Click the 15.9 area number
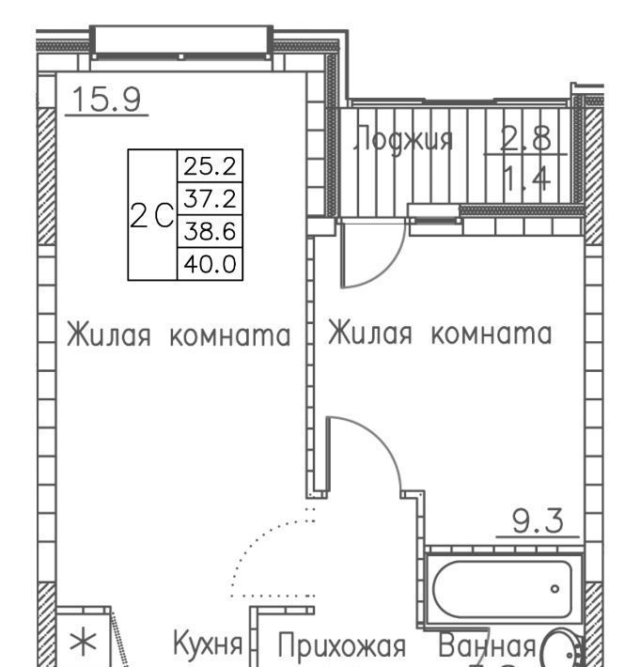(x=106, y=100)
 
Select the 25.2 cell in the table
(x=210, y=166)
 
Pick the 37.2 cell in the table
(x=210, y=198)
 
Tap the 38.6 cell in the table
(x=210, y=231)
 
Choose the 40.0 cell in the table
(x=210, y=264)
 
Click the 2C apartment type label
(x=152, y=215)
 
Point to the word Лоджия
(x=403, y=138)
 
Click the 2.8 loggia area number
(x=526, y=138)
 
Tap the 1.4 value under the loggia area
(x=527, y=178)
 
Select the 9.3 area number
(x=538, y=520)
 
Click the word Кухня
(x=208, y=643)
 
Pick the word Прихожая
(x=342, y=645)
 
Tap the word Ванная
(x=487, y=644)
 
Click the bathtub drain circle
(x=554, y=589)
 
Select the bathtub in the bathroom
(x=503, y=589)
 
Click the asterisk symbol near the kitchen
(x=84, y=643)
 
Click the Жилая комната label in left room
(x=179, y=335)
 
